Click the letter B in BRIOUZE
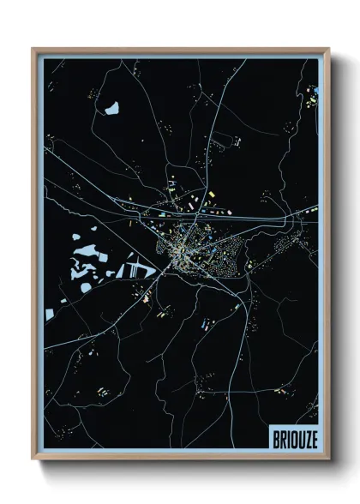point(276,434)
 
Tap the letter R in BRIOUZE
point(283,434)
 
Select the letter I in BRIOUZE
point(288,434)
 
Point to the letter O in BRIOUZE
point(293,434)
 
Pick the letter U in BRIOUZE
point(300,434)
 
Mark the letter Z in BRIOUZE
point(307,434)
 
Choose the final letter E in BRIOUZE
point(313,434)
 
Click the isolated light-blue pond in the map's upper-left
point(111,108)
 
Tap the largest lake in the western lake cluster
point(86,253)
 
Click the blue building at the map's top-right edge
point(315,90)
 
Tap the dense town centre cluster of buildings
point(182,249)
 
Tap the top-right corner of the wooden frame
point(329,49)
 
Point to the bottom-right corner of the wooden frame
point(329,459)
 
